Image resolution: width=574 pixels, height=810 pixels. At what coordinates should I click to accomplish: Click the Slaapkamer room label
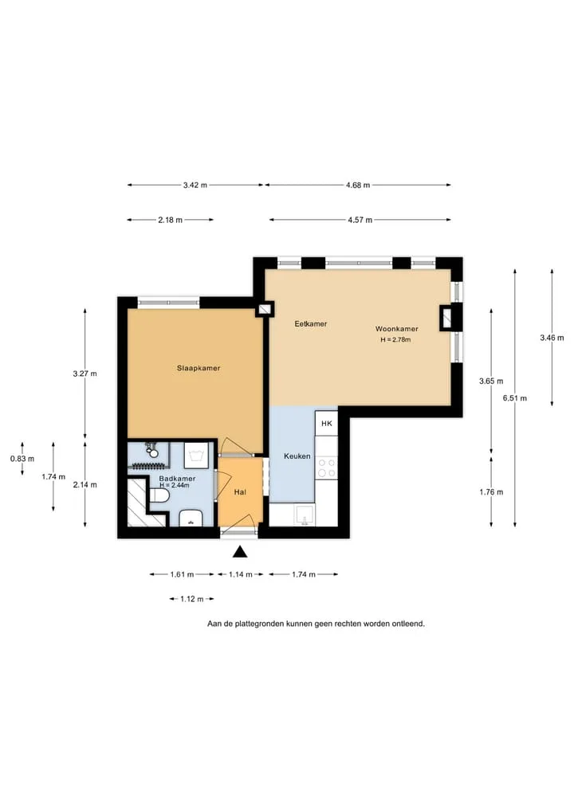[199, 368]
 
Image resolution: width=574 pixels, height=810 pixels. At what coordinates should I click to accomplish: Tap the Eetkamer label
[311, 324]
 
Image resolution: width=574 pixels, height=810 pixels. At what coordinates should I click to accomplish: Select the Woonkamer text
[397, 329]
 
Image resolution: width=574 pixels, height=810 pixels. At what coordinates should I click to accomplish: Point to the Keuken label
[297, 456]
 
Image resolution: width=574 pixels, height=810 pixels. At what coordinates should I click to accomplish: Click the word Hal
[240, 492]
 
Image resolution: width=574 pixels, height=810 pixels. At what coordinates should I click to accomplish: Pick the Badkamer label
[177, 479]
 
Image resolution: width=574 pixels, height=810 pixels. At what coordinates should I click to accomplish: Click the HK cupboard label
[327, 424]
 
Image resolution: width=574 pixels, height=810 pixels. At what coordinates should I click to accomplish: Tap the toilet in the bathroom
[159, 496]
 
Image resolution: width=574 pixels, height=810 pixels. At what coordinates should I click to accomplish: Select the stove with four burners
[326, 468]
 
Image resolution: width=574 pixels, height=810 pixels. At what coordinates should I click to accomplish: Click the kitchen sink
[305, 515]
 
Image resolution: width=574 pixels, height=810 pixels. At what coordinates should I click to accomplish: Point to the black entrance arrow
[240, 552]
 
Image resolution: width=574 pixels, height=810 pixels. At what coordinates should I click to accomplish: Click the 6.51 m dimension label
[515, 398]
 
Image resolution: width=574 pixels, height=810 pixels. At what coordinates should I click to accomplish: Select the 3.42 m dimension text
[195, 185]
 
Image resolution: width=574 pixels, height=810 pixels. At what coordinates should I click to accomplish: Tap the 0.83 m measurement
[22, 459]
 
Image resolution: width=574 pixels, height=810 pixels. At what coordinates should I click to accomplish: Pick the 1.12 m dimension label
[191, 599]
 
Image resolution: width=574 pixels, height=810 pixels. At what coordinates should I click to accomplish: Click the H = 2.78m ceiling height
[395, 340]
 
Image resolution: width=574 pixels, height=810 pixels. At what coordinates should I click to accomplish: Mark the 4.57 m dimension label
[360, 220]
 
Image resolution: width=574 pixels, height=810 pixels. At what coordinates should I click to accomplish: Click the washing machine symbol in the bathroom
[196, 456]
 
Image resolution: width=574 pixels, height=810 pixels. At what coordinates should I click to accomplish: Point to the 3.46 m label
[552, 338]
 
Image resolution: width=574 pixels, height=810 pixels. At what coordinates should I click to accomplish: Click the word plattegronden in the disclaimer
[260, 624]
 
